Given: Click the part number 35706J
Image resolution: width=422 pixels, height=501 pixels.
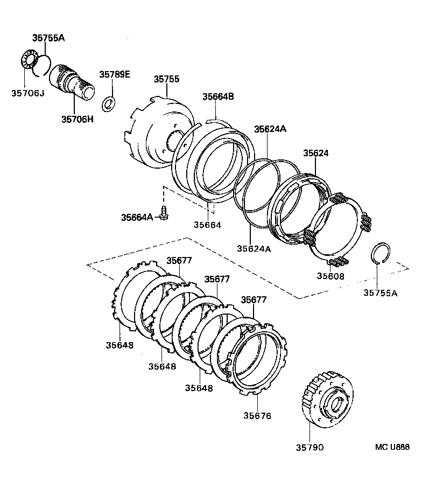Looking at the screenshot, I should coord(27,93).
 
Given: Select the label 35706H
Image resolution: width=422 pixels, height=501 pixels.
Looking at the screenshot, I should coord(77,119).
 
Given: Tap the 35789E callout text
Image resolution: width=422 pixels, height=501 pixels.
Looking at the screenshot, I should coord(114,74).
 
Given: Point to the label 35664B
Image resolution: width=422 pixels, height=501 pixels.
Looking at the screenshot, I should coord(218,97).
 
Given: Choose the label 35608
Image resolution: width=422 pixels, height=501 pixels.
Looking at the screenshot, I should coord(331,276).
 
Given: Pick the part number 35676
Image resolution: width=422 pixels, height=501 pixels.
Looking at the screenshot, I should coord(258,415).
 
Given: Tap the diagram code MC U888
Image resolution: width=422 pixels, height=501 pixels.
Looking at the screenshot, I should coord(392,447).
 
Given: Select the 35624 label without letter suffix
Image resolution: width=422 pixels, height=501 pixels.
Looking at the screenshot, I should coord(315,153).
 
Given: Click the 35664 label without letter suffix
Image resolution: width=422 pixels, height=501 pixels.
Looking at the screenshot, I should coord(207,225).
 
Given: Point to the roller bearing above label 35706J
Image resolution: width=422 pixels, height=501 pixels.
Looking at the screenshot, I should coord(29,59).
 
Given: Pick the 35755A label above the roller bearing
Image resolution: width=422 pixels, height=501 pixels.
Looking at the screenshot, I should coord(48,38).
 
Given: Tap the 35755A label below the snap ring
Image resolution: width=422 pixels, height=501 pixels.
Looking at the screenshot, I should coord(381,293).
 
